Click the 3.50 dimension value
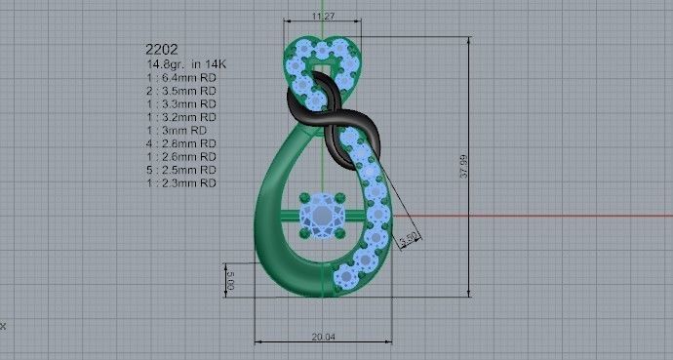411,236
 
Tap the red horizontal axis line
536,215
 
